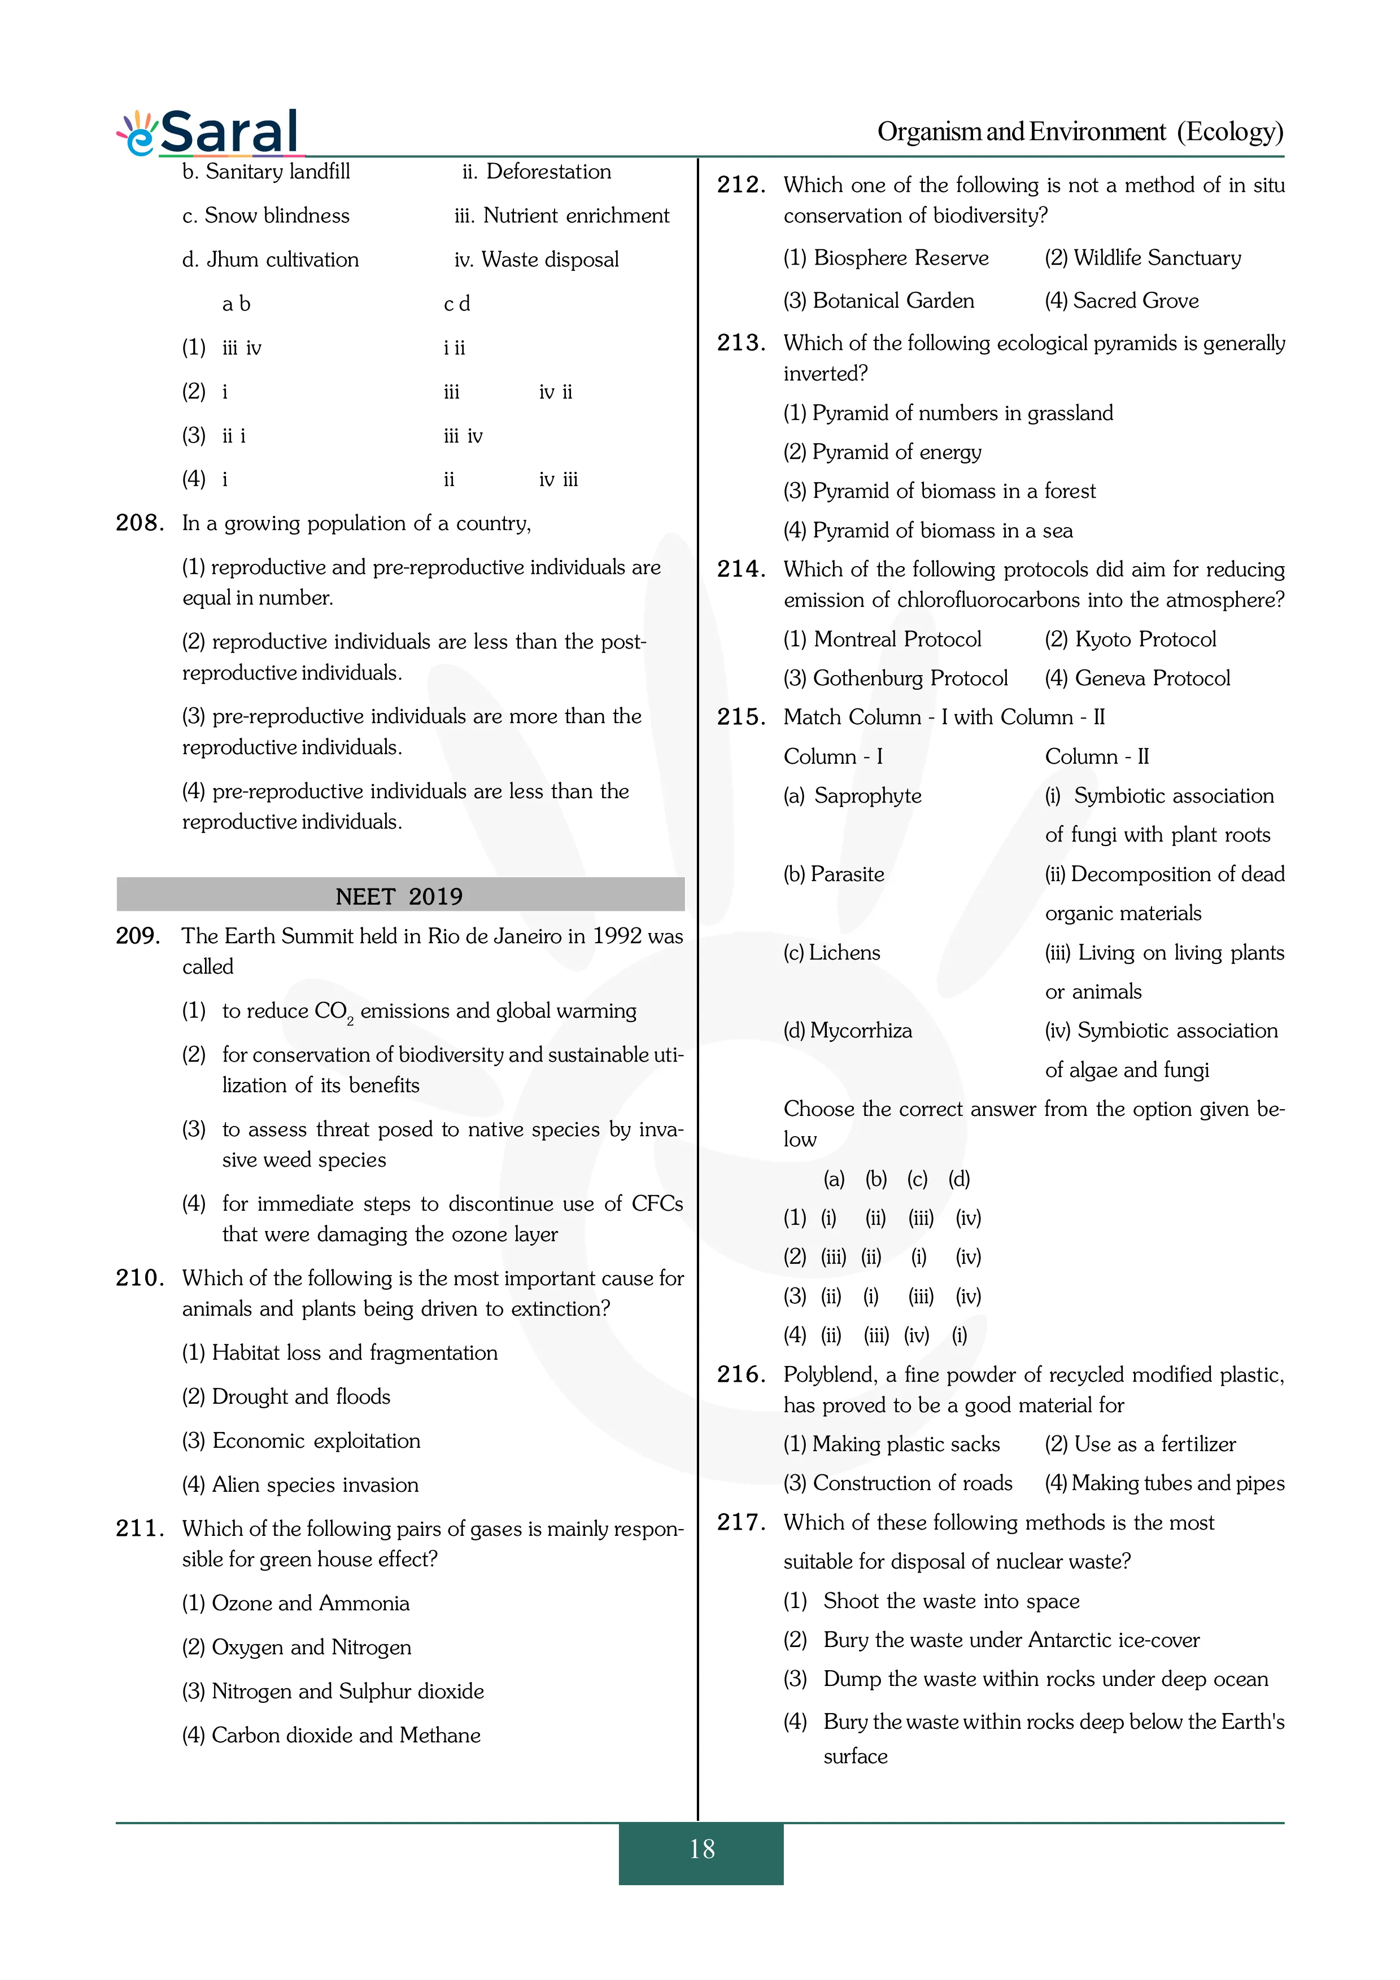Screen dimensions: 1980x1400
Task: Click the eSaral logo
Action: pyautogui.click(x=210, y=133)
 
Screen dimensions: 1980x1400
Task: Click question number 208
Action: pyautogui.click(x=139, y=523)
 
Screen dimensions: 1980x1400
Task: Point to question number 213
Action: pyautogui.click(x=740, y=343)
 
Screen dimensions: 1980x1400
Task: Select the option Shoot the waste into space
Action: pyautogui.click(x=950, y=1601)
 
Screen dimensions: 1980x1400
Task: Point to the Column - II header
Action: pyautogui.click(x=1096, y=756)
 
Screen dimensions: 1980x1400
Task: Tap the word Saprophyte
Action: pyautogui.click(x=867, y=796)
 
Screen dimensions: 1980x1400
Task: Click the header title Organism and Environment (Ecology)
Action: pyautogui.click(x=1080, y=132)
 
